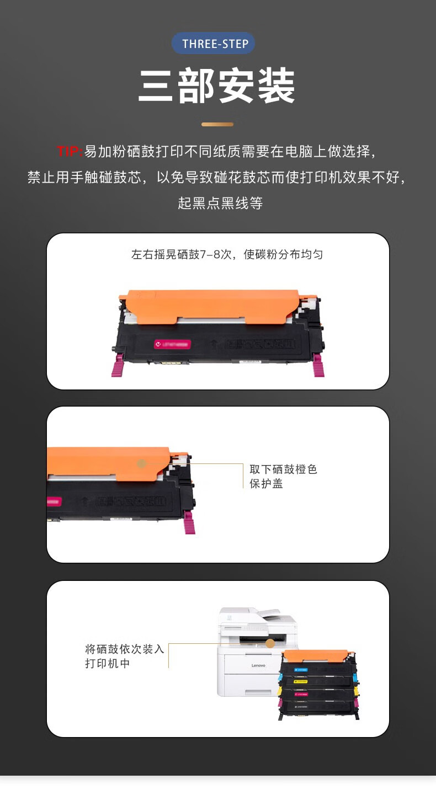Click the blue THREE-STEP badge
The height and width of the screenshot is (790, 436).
[x=214, y=44]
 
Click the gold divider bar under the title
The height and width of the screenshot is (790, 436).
[x=217, y=125]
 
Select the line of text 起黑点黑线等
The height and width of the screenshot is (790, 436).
[x=220, y=203]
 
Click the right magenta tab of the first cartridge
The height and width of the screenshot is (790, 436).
[x=318, y=366]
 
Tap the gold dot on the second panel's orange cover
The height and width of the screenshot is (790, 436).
[x=141, y=463]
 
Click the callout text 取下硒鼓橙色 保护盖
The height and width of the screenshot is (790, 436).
[x=283, y=477]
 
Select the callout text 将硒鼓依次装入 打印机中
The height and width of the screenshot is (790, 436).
[x=125, y=656]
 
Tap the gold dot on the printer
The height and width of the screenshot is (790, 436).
[x=270, y=643]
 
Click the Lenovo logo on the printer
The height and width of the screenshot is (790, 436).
[x=258, y=665]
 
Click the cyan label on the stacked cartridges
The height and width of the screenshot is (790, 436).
[x=301, y=670]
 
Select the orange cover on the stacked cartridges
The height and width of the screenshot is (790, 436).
[x=316, y=656]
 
